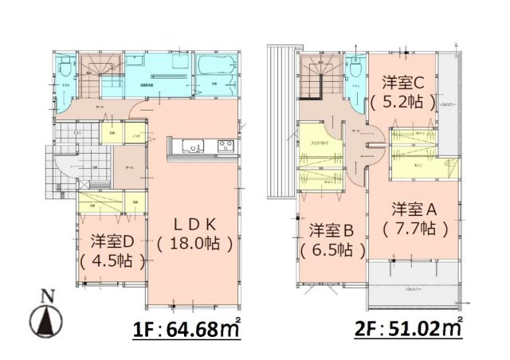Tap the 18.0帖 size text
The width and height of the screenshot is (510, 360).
point(195,244)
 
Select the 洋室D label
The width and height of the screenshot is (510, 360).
point(112,240)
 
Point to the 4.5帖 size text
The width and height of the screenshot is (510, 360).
point(112,260)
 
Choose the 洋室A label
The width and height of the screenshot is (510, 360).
point(415,209)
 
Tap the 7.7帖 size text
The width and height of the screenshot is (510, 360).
point(415,229)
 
